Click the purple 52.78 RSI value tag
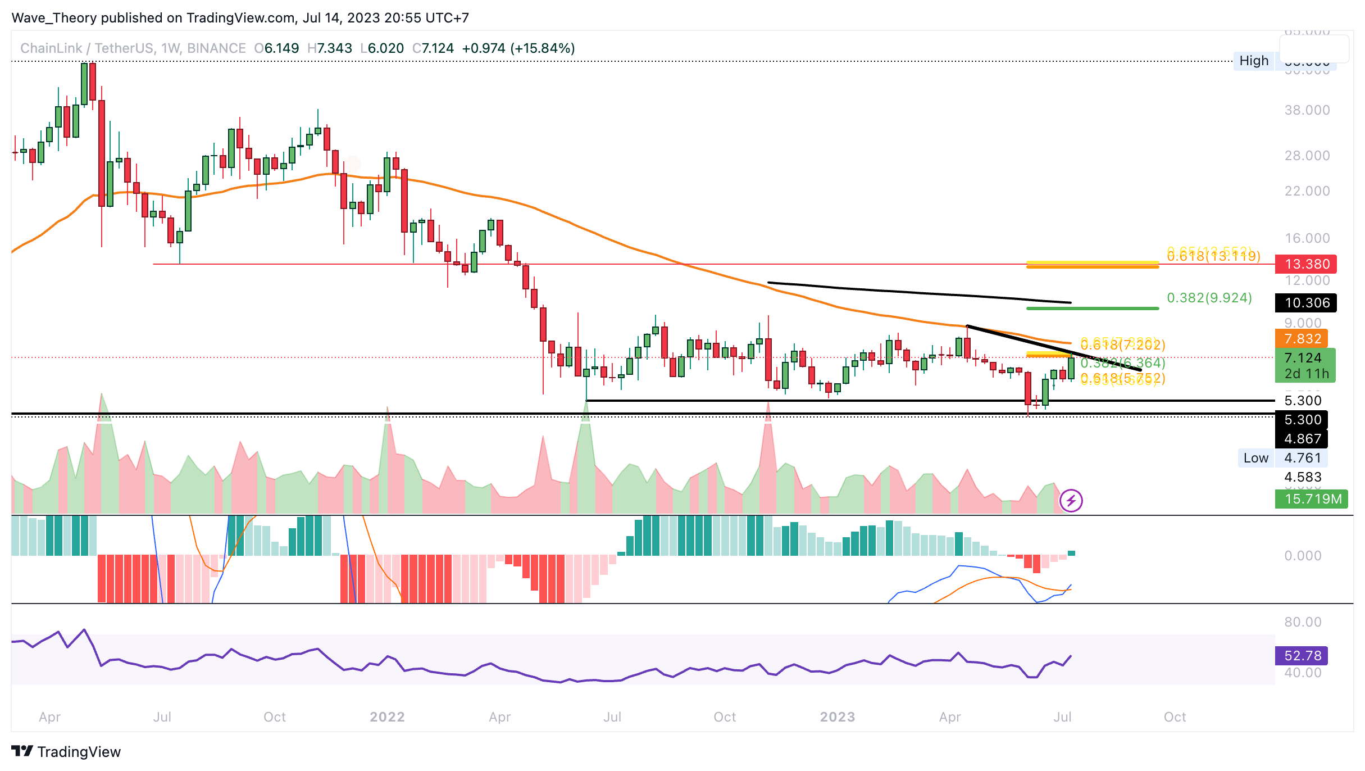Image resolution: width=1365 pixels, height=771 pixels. point(1302,656)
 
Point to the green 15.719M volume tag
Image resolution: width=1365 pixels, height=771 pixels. point(1311,499)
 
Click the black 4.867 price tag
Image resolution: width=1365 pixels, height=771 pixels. point(1302,439)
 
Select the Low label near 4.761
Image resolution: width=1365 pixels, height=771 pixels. point(1255,458)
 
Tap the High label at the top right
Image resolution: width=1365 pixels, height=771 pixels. point(1254,61)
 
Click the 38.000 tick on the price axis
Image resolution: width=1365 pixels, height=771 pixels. point(1307,110)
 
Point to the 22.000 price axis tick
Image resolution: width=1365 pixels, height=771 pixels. point(1307,191)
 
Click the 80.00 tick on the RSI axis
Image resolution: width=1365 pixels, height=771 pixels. point(1303,622)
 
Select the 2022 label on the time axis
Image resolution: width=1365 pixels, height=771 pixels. point(387,717)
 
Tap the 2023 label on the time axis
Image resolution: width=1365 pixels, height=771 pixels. point(837,717)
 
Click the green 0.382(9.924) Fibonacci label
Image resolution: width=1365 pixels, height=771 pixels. point(1209,298)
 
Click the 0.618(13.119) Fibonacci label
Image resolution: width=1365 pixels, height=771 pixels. point(1213,257)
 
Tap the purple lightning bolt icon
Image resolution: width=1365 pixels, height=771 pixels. point(1071,500)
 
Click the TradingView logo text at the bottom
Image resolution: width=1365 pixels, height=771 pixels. point(79,752)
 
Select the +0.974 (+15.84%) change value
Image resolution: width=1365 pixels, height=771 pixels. point(518,48)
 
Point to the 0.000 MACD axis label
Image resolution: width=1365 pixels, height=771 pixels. point(1307,556)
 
